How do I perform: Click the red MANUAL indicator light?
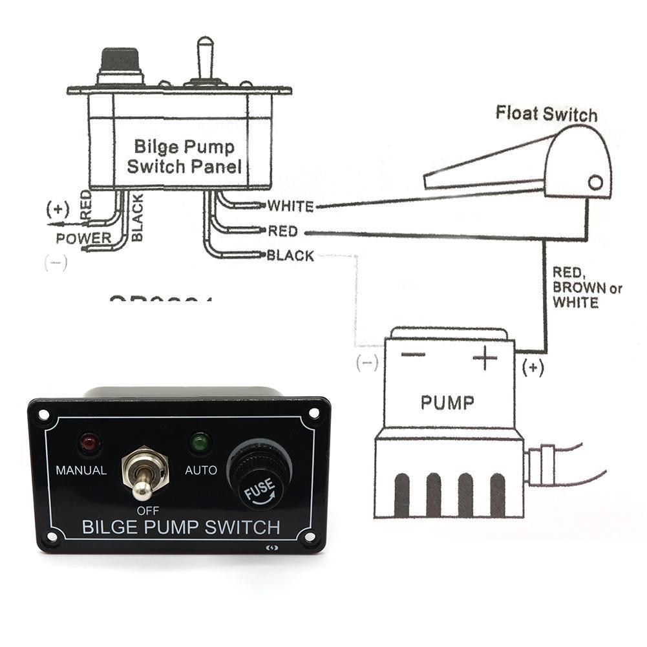(x=87, y=444)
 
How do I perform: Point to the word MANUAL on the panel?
(x=81, y=471)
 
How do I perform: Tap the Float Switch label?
(x=546, y=114)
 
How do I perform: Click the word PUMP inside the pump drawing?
(x=447, y=403)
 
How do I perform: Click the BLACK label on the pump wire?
(x=290, y=256)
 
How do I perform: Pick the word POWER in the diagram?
(x=83, y=238)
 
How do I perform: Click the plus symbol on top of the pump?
(x=484, y=357)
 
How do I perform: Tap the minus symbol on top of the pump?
(x=413, y=354)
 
